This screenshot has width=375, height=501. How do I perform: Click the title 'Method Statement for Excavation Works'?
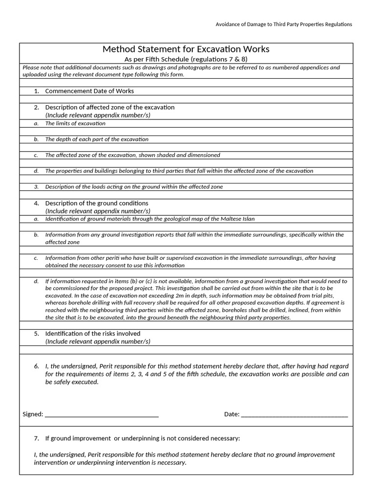[x=186, y=49]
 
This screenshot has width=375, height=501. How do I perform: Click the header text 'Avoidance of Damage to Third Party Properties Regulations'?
[x=284, y=24]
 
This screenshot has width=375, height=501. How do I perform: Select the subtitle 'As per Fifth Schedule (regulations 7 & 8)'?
[x=186, y=59]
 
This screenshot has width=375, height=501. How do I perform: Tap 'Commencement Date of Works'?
[x=89, y=91]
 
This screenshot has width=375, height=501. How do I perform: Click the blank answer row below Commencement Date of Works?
[x=186, y=99]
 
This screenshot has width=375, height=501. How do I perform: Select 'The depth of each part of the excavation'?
[x=97, y=139]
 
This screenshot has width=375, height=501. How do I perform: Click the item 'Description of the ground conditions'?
[x=97, y=203]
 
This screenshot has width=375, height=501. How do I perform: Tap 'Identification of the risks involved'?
[x=93, y=334]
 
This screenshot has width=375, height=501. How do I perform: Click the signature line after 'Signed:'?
[x=102, y=414]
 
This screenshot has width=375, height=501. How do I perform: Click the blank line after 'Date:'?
[x=294, y=414]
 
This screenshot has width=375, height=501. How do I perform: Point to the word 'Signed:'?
[x=33, y=414]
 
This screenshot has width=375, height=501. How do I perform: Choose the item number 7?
[x=37, y=438]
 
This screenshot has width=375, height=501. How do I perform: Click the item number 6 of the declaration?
[x=37, y=366]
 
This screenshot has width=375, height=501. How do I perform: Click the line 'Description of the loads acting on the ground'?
[x=134, y=187]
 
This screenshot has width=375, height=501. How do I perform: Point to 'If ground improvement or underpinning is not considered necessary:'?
[x=143, y=438]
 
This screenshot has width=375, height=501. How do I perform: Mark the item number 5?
[x=37, y=334]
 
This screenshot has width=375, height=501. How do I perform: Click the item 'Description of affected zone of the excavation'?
[x=110, y=107]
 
